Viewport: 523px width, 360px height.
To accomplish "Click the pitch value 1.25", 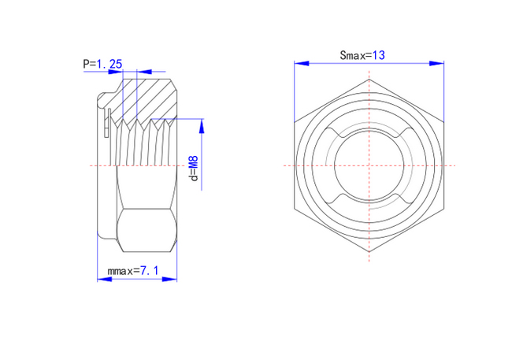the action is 109,63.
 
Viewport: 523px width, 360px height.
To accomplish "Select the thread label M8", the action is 194,162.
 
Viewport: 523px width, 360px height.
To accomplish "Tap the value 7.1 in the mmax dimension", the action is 149,270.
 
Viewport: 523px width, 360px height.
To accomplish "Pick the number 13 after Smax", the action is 379,54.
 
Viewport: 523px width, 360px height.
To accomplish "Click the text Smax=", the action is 356,55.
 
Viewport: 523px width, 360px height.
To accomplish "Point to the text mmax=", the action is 124,270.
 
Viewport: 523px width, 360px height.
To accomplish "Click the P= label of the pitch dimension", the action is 89,64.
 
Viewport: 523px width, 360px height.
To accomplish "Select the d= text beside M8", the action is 194,176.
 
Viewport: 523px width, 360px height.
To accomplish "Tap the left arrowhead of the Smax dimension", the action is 302,63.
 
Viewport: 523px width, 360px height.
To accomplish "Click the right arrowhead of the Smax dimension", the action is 436,63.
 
